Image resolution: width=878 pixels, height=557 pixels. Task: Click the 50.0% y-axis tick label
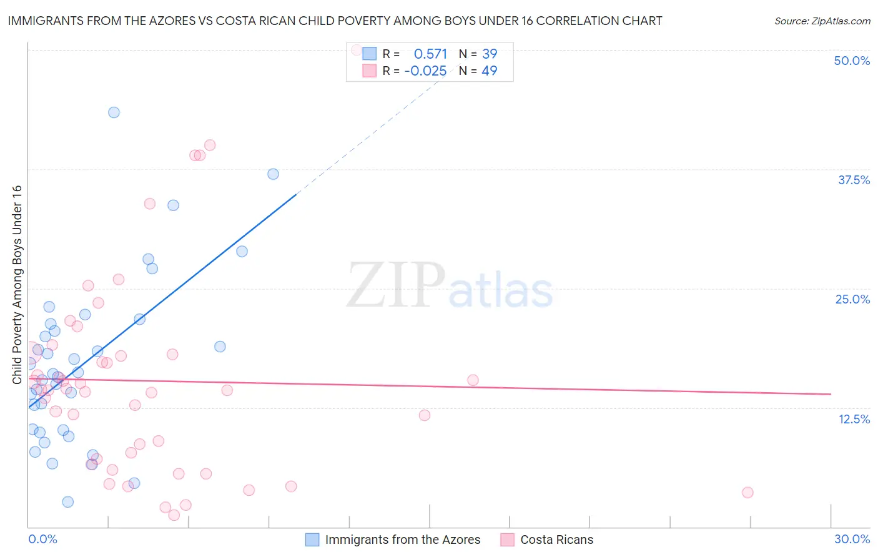click(852, 61)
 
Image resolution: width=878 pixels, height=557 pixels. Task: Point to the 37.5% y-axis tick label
click(854, 180)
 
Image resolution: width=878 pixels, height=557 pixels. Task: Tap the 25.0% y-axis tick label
click(852, 299)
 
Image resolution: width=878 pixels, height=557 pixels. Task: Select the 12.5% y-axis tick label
click(854, 419)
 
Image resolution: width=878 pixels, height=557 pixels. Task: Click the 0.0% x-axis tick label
click(42, 539)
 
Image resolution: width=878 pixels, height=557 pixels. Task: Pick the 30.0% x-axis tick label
click(852, 539)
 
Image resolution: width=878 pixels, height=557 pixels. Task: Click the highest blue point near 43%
click(114, 112)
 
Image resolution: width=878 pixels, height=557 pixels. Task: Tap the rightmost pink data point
click(747, 493)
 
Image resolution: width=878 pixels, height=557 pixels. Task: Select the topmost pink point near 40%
click(210, 145)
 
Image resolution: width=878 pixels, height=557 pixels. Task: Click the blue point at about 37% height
click(273, 174)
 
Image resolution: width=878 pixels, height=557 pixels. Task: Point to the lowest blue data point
click(67, 502)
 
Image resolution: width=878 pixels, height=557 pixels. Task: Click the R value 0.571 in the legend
click(430, 54)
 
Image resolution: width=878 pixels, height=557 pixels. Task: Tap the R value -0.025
click(425, 71)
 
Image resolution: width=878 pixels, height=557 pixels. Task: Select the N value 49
click(490, 71)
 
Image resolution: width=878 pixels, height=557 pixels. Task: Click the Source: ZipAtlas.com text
click(822, 21)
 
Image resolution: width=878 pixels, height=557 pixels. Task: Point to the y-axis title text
click(17, 285)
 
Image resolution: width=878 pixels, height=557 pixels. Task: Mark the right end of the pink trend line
click(831, 394)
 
